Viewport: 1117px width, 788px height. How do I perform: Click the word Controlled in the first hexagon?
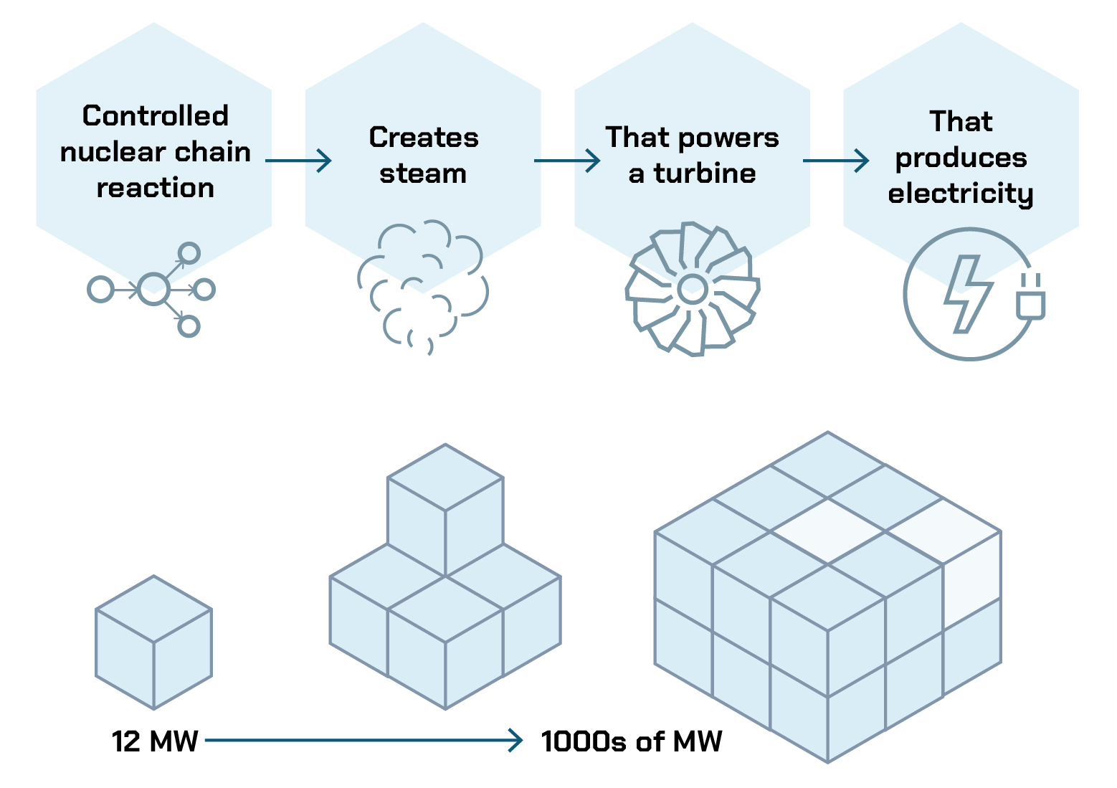tap(155, 116)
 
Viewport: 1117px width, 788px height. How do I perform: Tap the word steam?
tap(423, 174)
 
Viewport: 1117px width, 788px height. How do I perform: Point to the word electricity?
tap(961, 194)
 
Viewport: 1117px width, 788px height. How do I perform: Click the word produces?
tap(961, 158)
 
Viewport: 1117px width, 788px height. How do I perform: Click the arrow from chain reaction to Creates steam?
tap(298, 161)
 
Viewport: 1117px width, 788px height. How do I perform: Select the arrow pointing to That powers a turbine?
tap(567, 161)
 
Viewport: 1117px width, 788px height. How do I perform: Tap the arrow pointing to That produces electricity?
tap(836, 161)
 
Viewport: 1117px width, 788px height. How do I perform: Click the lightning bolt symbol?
tap(967, 294)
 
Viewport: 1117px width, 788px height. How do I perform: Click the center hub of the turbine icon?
tap(693, 289)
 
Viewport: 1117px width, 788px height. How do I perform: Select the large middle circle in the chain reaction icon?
tap(153, 290)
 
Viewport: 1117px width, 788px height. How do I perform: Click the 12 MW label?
tap(155, 741)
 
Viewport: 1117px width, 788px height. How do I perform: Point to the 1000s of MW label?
tap(632, 741)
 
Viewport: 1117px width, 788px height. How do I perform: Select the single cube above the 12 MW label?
tap(153, 642)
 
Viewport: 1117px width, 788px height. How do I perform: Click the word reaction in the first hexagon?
tap(155, 188)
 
